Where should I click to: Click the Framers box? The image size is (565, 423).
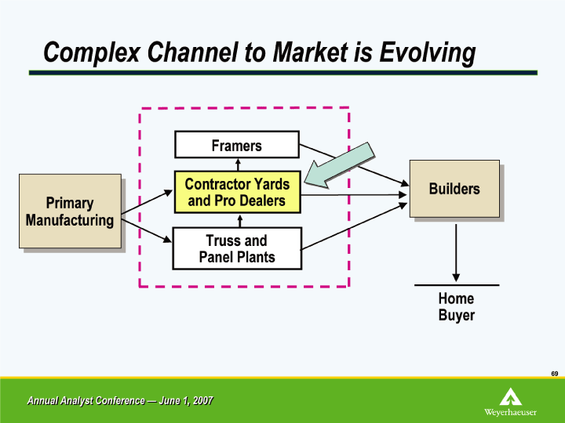click(x=237, y=145)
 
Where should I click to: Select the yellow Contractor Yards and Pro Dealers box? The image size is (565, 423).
click(x=238, y=192)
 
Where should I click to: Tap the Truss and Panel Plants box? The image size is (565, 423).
click(x=237, y=248)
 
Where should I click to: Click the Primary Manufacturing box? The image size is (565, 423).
click(x=70, y=211)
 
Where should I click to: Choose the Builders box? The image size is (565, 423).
click(x=454, y=189)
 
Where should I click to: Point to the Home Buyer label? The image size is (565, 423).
click(x=456, y=307)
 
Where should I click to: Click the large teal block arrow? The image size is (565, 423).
click(x=340, y=165)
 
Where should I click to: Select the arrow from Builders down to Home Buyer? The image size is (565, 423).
click(x=456, y=253)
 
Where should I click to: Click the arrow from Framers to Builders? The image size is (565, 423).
click(x=354, y=165)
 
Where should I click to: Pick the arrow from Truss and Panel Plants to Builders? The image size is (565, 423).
click(x=354, y=226)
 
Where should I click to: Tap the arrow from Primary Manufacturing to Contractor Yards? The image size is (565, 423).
click(x=147, y=202)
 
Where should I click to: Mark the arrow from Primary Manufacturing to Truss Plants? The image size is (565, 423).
click(x=147, y=230)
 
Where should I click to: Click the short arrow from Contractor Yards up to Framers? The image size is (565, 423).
click(x=238, y=164)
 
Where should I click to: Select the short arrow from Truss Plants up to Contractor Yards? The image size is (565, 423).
click(x=240, y=220)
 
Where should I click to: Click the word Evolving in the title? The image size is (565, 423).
click(x=428, y=53)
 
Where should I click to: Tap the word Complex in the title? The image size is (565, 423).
click(x=92, y=53)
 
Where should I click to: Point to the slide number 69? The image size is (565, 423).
click(x=555, y=374)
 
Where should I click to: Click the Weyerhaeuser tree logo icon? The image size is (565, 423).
click(x=510, y=396)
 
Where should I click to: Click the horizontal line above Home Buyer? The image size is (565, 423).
click(x=457, y=285)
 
